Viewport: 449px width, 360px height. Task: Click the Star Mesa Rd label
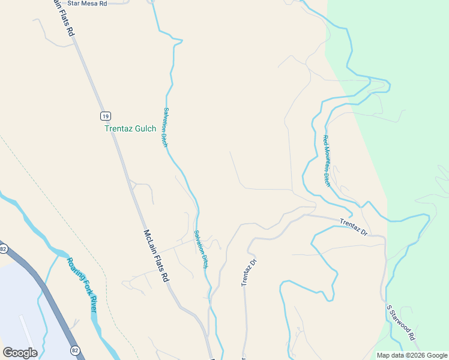[x=87, y=4]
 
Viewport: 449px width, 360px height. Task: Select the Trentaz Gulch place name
[x=130, y=128]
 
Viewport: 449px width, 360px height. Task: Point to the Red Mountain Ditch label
[x=327, y=161]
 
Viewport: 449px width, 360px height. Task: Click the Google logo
[x=20, y=353]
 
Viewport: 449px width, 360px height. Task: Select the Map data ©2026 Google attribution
[x=411, y=355]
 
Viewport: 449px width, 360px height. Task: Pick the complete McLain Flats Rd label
[x=155, y=257]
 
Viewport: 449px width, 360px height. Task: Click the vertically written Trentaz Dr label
[x=249, y=272]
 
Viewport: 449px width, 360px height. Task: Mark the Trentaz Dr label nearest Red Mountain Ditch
[x=353, y=226]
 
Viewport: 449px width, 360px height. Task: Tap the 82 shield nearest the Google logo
[x=74, y=350]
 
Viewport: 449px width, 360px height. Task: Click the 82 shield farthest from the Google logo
[x=4, y=248]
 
